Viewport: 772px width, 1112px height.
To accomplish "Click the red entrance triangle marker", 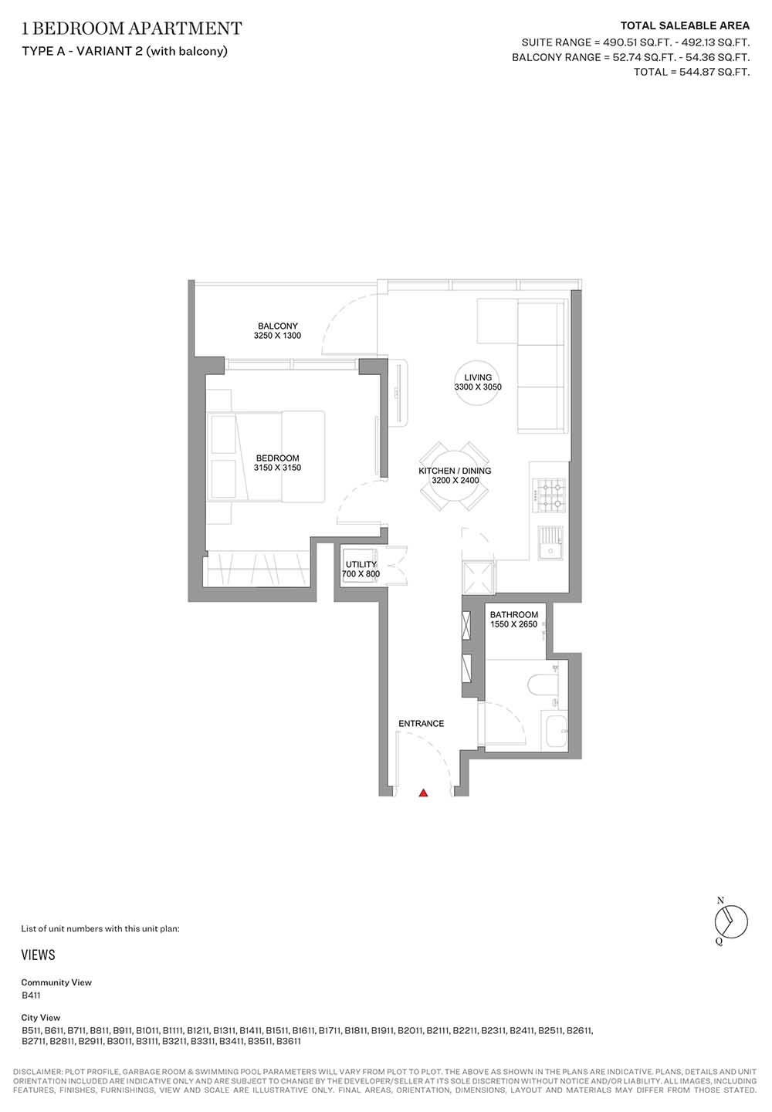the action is point(423,793).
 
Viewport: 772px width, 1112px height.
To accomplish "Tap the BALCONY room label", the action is point(278,326).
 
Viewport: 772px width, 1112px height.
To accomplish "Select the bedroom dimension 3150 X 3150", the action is point(277,467).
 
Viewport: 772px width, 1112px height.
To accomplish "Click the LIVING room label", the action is point(478,377).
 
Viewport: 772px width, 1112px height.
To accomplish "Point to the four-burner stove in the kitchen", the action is point(550,495).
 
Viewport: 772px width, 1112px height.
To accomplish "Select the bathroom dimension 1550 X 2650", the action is point(513,624).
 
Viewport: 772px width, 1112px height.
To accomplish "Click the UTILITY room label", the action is point(361,564).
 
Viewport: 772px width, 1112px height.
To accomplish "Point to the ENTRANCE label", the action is point(421,723).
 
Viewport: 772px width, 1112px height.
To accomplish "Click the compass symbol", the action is point(731,922).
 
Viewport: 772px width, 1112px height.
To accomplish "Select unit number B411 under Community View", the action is point(31,995).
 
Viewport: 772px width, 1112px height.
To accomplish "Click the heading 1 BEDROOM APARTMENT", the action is point(132,29).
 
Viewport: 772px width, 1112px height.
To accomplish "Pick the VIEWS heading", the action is point(39,955).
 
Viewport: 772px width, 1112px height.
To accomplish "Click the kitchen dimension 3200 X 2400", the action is point(455,480).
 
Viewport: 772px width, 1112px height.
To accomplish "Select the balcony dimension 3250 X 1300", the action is point(277,335).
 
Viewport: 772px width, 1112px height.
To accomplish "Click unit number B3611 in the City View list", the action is point(289,1041).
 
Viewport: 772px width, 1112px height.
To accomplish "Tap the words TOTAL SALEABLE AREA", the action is point(685,25).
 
